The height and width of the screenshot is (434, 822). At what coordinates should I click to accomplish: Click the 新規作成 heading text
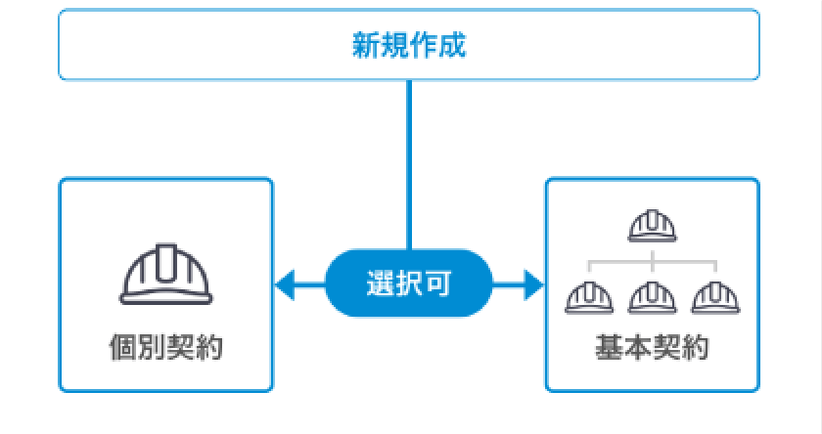(409, 45)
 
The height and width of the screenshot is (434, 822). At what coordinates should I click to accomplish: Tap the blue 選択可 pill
(408, 286)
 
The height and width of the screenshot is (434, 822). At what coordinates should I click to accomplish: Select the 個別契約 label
(165, 347)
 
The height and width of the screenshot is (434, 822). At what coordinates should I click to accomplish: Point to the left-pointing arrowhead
(285, 286)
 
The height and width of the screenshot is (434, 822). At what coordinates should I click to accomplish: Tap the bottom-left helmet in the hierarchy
(589, 296)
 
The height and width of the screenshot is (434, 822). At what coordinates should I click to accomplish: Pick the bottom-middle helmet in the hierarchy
(652, 296)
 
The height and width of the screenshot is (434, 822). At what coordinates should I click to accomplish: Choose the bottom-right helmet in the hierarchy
(714, 296)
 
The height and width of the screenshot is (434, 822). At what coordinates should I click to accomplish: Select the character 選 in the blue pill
(381, 286)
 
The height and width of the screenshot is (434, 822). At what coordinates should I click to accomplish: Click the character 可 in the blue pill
(437, 286)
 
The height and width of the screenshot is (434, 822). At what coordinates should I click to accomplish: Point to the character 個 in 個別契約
(122, 347)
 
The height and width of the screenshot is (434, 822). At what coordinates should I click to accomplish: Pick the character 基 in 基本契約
(608, 347)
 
